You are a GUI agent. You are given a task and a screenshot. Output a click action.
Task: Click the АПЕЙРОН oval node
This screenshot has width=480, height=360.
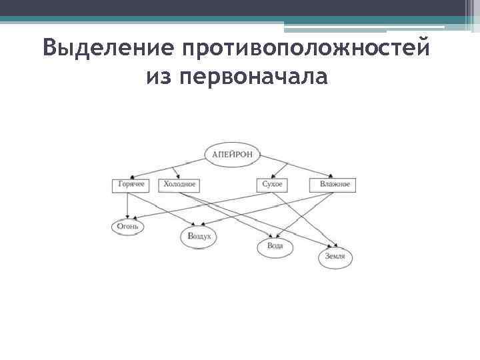tap(233, 154)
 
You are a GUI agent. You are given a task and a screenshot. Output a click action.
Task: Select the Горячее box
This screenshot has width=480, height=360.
tap(131, 185)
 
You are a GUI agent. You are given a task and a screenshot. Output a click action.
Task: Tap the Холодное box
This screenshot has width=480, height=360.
tap(179, 185)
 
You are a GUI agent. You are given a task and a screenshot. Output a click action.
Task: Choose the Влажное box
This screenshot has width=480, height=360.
tap(333, 185)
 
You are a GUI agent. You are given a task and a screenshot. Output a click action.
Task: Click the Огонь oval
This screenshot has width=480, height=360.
tap(127, 226)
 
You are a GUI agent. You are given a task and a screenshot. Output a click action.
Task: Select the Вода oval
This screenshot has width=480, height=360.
tap(275, 246)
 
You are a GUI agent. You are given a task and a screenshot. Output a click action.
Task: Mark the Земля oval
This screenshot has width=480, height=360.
tap(335, 257)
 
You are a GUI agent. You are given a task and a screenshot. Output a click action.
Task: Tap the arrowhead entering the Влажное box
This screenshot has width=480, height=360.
tap(327, 176)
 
